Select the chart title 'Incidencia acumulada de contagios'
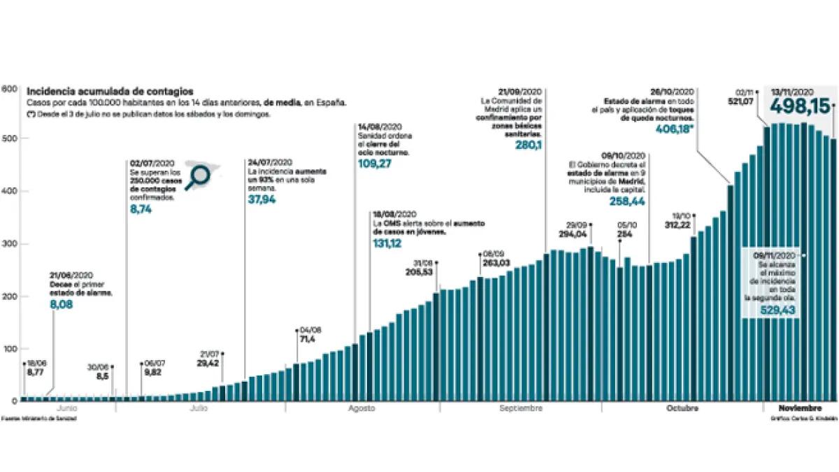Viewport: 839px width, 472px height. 110,92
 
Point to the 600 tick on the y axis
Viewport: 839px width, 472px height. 8,89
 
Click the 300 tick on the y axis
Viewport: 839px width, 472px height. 8,244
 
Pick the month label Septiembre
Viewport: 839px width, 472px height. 521,408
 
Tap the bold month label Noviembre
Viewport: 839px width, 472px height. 800,408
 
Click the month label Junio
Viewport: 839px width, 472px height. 66,408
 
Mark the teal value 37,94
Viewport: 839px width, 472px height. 261,199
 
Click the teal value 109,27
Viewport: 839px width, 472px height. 374,164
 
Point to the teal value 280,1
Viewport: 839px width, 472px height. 529,145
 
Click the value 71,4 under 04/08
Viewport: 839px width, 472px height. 308,339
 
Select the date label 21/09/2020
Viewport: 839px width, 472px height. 521,92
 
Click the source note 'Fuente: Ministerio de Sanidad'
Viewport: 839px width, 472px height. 38,418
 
